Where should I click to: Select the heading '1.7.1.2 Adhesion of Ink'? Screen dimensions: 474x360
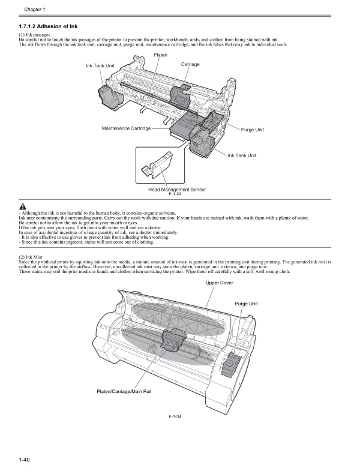click(x=48, y=26)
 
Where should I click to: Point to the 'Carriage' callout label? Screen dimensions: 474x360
click(x=190, y=64)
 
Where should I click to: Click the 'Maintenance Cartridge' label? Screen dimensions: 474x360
click(x=126, y=128)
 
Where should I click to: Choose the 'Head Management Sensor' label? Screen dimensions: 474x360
click(x=176, y=190)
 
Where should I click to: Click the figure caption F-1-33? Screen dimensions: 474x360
click(x=175, y=195)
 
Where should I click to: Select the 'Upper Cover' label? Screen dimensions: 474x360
click(x=219, y=282)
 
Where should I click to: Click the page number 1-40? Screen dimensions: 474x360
click(x=25, y=460)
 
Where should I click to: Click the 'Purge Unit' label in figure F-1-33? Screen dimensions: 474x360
click(x=252, y=130)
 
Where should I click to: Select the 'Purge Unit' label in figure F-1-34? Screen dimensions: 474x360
click(x=246, y=304)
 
